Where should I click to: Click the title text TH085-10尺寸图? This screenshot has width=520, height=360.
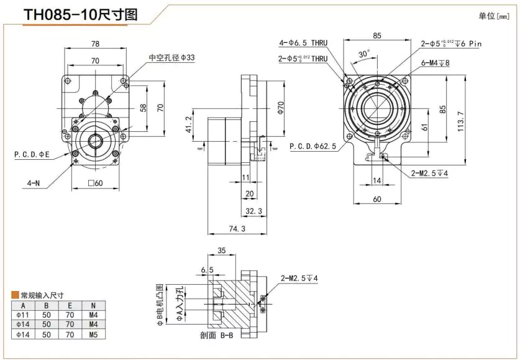coord(80,15)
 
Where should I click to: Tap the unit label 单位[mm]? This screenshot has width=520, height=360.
coord(493,16)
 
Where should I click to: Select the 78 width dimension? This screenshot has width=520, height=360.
coord(95,44)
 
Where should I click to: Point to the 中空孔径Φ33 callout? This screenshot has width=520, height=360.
coord(171,57)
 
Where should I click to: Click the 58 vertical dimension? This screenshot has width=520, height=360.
coord(144,108)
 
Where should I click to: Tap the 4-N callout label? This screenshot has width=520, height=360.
coord(34,183)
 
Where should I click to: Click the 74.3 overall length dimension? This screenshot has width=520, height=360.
coord(236,229)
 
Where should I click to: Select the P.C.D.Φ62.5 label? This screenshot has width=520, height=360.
coord(313,147)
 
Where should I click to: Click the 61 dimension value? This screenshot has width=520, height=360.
coord(424,127)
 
